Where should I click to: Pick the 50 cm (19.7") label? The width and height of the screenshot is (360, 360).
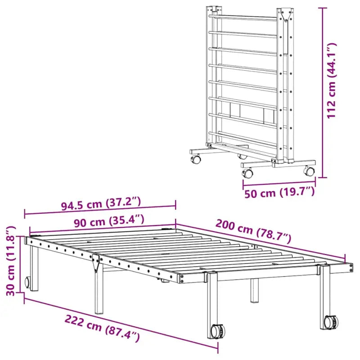(x=279, y=194)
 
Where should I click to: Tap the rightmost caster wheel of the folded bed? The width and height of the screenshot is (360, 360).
(x=309, y=171)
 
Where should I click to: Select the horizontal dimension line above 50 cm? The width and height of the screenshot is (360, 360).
(x=279, y=183)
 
